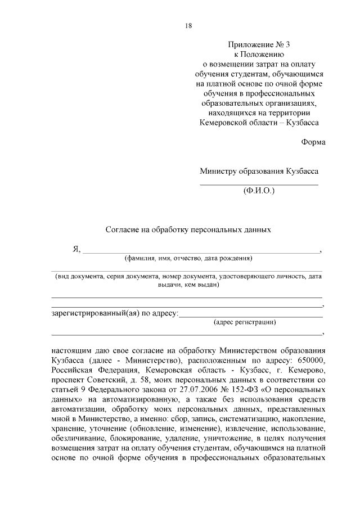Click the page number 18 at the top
188,25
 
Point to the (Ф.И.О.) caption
259,191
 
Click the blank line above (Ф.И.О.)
259,184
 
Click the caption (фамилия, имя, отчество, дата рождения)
188,259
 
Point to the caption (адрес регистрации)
245,322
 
